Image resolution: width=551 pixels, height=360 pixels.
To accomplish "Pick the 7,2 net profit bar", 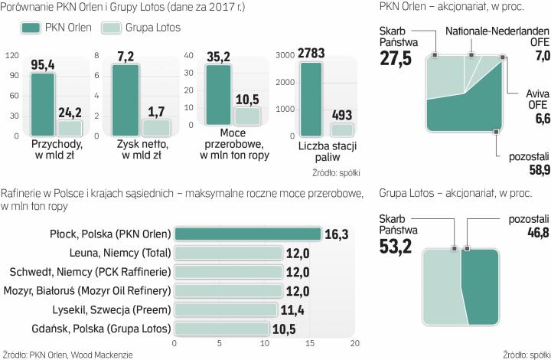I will point(126,94).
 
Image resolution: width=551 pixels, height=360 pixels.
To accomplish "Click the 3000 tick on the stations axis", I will point(284,56).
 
